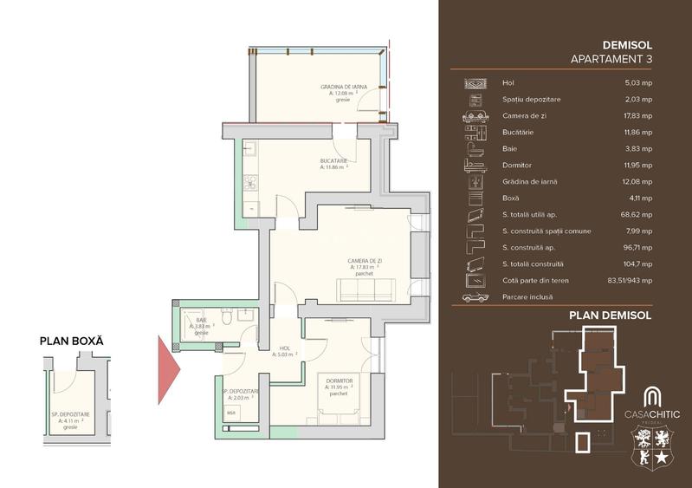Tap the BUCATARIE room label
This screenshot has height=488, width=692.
[333, 161]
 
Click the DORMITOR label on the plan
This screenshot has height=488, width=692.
[337, 381]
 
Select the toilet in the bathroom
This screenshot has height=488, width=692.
[225, 320]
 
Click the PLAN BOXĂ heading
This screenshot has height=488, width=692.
[71, 341]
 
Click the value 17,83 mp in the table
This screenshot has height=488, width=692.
[638, 116]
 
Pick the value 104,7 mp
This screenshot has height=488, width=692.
[638, 264]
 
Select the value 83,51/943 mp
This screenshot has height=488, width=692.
[629, 280]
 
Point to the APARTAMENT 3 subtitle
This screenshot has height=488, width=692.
[611, 59]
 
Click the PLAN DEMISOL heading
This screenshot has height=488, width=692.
[610, 316]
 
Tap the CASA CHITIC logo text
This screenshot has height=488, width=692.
[653, 413]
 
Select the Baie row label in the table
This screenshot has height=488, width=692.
[509, 149]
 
